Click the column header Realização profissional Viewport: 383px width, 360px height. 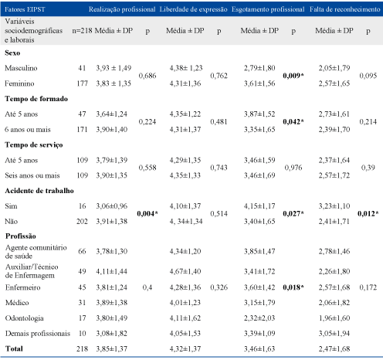(x=122, y=9)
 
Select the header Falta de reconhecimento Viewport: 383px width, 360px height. (x=345, y=9)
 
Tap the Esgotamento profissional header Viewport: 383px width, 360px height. (x=268, y=9)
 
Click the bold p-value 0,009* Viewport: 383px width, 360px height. (x=293, y=76)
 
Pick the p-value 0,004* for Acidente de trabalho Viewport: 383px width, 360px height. (x=147, y=214)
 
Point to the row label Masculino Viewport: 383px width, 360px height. (x=21, y=68)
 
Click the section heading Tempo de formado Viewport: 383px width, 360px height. (x=36, y=99)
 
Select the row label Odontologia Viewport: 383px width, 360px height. (x=25, y=318)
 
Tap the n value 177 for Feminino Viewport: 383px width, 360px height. (x=82, y=83)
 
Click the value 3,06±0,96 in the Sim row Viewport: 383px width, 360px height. (x=112, y=206)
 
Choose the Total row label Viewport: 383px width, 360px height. (x=14, y=348)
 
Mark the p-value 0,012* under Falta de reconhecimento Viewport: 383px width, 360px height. (x=368, y=214)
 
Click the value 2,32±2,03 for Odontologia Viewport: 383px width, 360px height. (x=259, y=318)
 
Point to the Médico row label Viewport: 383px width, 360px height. (x=17, y=303)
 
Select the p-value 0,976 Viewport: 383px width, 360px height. (x=293, y=168)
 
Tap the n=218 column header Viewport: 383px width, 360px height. (x=82, y=31)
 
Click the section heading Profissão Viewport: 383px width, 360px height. (x=21, y=236)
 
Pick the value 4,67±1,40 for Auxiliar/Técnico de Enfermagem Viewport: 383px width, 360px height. (x=185, y=271)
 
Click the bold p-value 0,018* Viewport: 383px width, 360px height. (x=293, y=287)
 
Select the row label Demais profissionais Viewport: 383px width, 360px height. (x=38, y=334)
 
